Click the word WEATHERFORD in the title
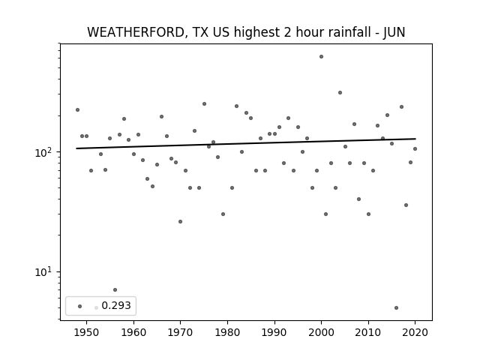(136, 33)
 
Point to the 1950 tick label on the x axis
(86, 332)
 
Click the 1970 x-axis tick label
(180, 332)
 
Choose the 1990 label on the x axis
(274, 332)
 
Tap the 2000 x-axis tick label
(321, 332)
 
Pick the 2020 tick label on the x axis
(415, 332)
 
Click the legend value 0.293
(116, 305)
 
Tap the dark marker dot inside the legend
(80, 306)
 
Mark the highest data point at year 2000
(321, 57)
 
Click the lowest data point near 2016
(397, 307)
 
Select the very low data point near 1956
(115, 289)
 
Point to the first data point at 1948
(77, 110)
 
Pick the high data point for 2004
(340, 92)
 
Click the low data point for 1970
(180, 221)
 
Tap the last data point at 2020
(415, 148)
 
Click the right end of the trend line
(415, 139)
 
